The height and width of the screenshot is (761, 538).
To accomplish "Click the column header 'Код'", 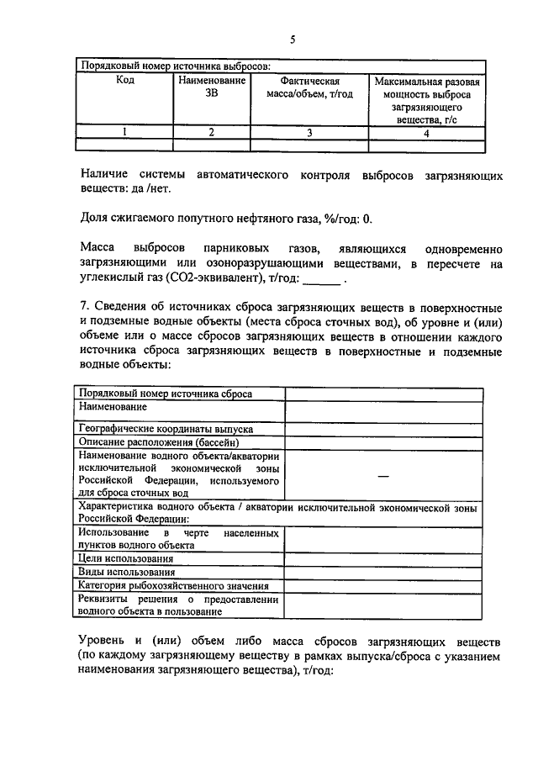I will click(124, 81).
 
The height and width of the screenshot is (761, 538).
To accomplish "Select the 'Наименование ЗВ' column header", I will click(211, 87).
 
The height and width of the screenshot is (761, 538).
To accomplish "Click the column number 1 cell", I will click(124, 131).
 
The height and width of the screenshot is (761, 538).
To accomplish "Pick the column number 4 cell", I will click(427, 131).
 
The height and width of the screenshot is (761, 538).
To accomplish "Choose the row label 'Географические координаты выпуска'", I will click(166, 429).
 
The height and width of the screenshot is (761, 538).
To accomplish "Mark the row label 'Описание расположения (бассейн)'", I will click(159, 441).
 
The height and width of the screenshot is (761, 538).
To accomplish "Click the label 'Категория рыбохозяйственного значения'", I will click(173, 585).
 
